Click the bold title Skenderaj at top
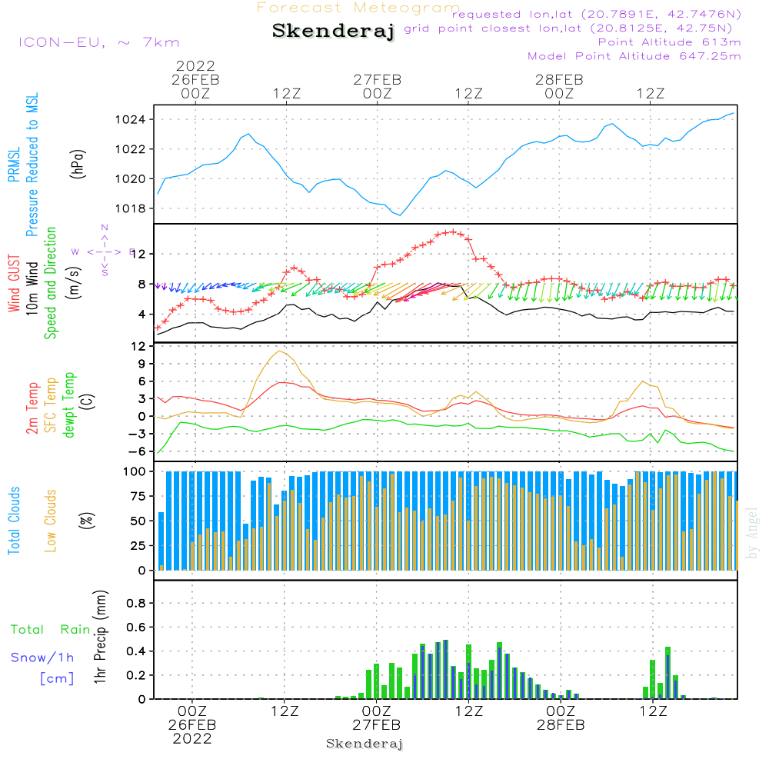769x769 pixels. tap(333, 32)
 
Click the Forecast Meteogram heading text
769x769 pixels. tap(358, 8)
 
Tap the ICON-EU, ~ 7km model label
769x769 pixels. tap(98, 42)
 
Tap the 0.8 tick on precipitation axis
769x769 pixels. tap(135, 603)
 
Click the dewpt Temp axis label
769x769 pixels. tap(68, 405)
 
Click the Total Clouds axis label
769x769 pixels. tap(15, 521)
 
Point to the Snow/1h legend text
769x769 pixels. tap(43, 658)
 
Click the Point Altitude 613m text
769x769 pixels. tap(669, 42)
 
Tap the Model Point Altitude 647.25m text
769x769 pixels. tap(634, 56)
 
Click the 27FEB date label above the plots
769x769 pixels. tap(378, 79)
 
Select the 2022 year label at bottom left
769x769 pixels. tap(192, 738)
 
